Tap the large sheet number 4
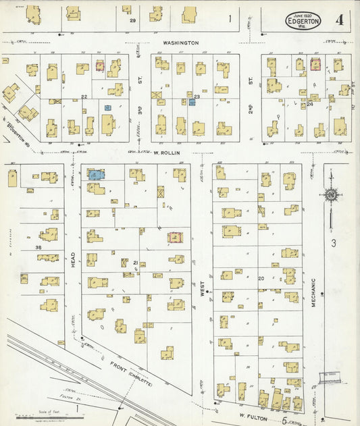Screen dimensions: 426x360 click(x=338, y=20)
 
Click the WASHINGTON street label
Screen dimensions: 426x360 click(x=180, y=43)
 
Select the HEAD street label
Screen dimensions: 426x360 click(x=72, y=261)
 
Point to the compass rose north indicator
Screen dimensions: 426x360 click(x=331, y=195)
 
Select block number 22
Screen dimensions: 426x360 click(x=84, y=97)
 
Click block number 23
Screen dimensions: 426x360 click(x=197, y=97)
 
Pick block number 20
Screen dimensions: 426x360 click(x=261, y=277)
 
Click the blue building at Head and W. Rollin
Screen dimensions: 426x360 click(x=95, y=174)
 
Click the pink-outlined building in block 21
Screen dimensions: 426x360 click(x=177, y=237)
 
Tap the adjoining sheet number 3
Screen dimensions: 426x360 click(x=333, y=241)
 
